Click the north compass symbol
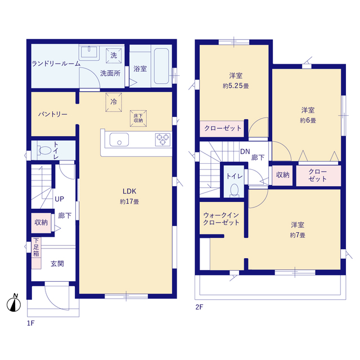click(13, 303)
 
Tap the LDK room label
click(129, 191)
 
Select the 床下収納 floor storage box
click(138, 119)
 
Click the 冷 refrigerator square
click(114, 102)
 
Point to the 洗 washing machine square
click(114, 56)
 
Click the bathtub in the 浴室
click(161, 66)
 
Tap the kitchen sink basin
click(119, 139)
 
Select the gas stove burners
click(163, 139)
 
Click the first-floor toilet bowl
click(44, 150)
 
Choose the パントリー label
click(53, 114)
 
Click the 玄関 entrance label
click(57, 264)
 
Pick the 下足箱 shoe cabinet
click(36, 253)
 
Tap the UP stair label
click(59, 199)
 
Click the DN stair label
click(245, 151)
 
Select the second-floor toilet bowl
click(235, 190)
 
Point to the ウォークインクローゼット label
click(221, 219)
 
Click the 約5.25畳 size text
click(236, 86)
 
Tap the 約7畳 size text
click(298, 235)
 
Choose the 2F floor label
click(199, 307)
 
